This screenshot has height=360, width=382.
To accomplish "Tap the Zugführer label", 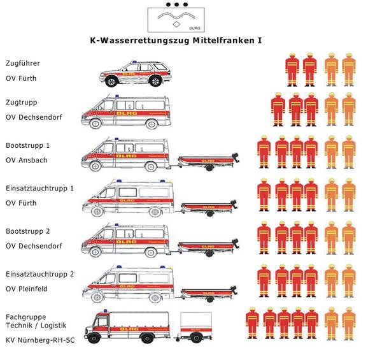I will [23, 64].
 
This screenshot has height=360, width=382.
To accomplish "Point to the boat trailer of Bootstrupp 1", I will [208, 162].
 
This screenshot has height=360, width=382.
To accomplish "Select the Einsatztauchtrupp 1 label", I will [40, 189].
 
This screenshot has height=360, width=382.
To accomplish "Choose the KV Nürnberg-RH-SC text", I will [39, 340].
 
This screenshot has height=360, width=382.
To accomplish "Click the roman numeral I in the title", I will [260, 40].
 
